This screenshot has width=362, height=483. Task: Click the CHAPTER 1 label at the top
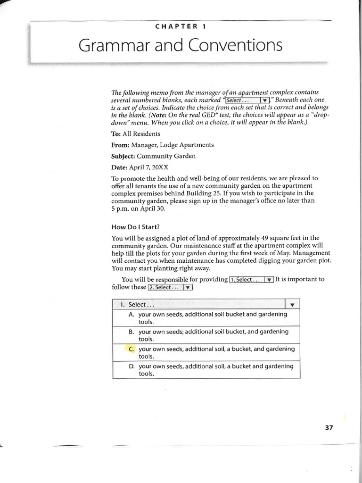(x=181, y=26)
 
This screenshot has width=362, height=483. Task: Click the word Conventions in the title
(x=236, y=46)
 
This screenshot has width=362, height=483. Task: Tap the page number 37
(x=329, y=427)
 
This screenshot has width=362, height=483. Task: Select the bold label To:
(x=116, y=134)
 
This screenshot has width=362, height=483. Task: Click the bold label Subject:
(x=124, y=156)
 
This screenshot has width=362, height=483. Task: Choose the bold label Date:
(x=119, y=167)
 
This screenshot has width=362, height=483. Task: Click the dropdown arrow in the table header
(x=292, y=305)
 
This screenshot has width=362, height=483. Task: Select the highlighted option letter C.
(x=132, y=349)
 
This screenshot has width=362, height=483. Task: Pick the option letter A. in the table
(x=132, y=314)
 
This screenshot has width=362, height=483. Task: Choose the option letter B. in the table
(x=132, y=332)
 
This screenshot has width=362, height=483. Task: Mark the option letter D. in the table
(x=132, y=366)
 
